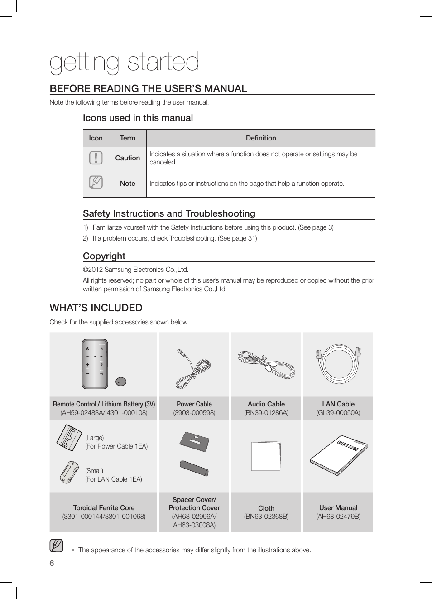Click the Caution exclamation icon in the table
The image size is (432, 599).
click(x=96, y=158)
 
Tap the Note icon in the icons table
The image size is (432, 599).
click(x=96, y=183)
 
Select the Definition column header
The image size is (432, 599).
click(x=261, y=138)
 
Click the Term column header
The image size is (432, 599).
click(x=127, y=138)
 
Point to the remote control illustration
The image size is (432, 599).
click(x=95, y=364)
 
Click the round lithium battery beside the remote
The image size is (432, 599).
click(x=120, y=382)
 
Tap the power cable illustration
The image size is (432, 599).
click(x=193, y=369)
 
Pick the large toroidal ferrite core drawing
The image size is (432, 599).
click(x=69, y=438)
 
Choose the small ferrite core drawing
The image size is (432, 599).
click(x=69, y=472)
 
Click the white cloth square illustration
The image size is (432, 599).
click(x=266, y=456)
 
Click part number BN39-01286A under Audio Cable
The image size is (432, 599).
click(x=266, y=413)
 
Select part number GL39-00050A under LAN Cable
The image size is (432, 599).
click(x=338, y=413)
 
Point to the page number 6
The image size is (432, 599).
click(x=52, y=563)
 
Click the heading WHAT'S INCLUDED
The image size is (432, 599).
click(x=96, y=308)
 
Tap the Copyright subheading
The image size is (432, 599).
click(x=104, y=256)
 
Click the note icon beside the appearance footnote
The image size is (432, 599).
click(x=57, y=546)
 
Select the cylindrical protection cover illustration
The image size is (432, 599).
click(x=194, y=468)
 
